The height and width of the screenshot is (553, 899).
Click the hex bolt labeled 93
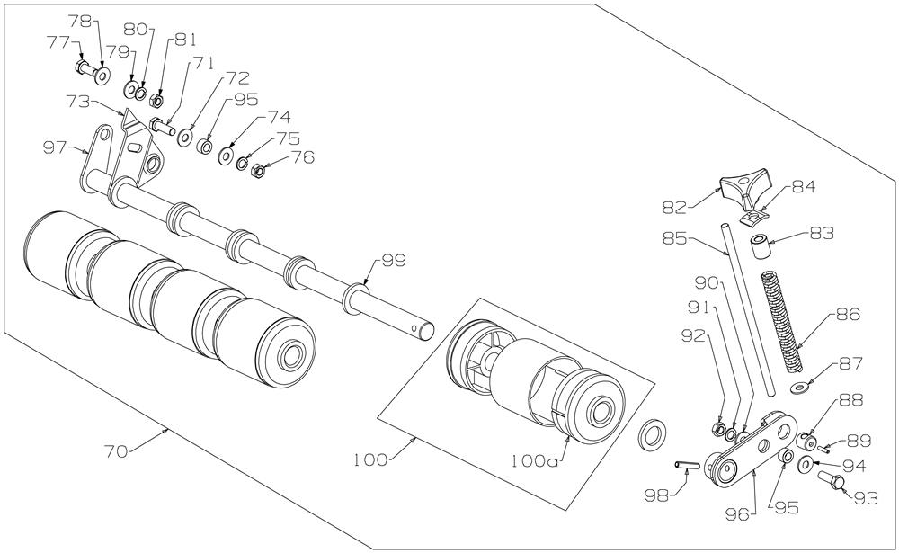(x=833, y=481)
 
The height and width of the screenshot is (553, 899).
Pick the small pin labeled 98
(x=688, y=465)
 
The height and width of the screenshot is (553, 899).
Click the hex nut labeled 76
(x=254, y=170)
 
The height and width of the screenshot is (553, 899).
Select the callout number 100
(x=370, y=459)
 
